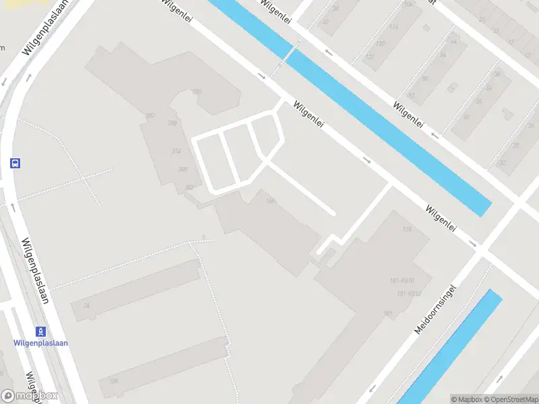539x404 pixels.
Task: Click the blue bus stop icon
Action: [x=15, y=163]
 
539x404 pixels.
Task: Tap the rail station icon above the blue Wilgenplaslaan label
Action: [x=41, y=331]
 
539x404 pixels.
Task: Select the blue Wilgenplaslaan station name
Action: [x=41, y=343]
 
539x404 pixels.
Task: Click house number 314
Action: [x=177, y=151]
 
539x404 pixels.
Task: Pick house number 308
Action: [x=182, y=169]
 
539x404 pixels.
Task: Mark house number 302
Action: [x=189, y=187]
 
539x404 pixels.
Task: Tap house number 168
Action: [x=271, y=200]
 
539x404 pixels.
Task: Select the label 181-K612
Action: [x=409, y=293]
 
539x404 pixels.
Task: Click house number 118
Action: [x=406, y=230]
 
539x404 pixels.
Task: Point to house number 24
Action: [x=86, y=306]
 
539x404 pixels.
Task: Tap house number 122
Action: [x=369, y=57]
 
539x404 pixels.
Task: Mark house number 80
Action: [x=466, y=117]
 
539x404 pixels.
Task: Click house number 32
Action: [x=502, y=162]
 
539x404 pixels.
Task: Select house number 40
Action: [x=325, y=22]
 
